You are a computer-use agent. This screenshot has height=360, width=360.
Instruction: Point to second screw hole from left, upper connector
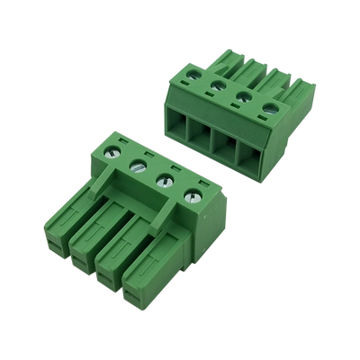[218, 87]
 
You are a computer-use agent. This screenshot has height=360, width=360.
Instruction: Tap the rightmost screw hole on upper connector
[268, 112]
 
